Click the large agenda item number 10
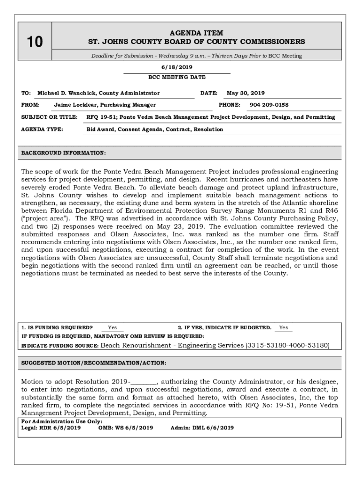[34, 43]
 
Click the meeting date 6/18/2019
[177, 67]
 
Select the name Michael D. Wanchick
[67, 93]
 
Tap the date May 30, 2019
[245, 93]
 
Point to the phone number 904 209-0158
[269, 105]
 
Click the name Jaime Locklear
[75, 105]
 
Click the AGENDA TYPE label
[42, 129]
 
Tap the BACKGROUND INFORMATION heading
[64, 153]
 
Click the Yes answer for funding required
[112, 328]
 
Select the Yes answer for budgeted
[283, 328]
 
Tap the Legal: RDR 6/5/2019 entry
[51, 428]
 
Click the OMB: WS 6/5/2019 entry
[125, 428]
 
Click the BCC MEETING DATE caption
[177, 77]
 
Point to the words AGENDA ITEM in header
[196, 33]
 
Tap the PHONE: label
[230, 105]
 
